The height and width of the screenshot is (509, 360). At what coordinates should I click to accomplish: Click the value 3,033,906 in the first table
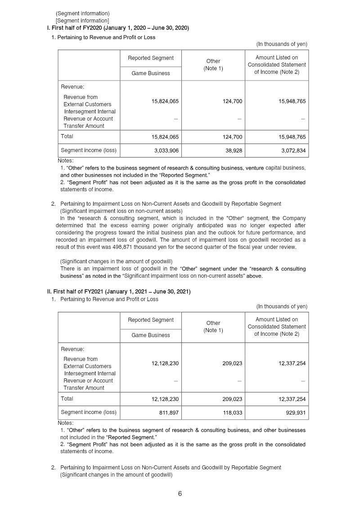[166, 151]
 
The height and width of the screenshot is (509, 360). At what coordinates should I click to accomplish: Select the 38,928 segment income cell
[232, 151]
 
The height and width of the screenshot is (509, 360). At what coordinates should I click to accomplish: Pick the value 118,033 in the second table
[232, 413]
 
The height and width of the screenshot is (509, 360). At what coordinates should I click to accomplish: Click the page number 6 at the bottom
[180, 494]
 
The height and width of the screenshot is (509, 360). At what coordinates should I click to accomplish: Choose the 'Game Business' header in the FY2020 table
[150, 73]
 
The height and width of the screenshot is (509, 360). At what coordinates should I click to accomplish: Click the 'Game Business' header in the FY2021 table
[150, 335]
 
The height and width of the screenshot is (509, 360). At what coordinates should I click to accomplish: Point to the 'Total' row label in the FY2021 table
[67, 399]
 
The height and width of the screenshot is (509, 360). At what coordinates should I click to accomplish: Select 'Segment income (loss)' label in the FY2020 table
[88, 151]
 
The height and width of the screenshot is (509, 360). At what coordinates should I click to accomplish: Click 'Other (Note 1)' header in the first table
[213, 65]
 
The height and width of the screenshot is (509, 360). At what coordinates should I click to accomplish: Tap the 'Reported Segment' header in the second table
[150, 320]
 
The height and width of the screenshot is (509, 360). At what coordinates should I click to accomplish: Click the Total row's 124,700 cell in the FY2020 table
[232, 136]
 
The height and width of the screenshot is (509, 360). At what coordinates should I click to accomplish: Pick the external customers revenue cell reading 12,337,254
[292, 363]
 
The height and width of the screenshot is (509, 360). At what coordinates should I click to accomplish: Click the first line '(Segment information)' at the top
[82, 14]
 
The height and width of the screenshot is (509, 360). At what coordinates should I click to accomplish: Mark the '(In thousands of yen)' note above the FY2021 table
[282, 306]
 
